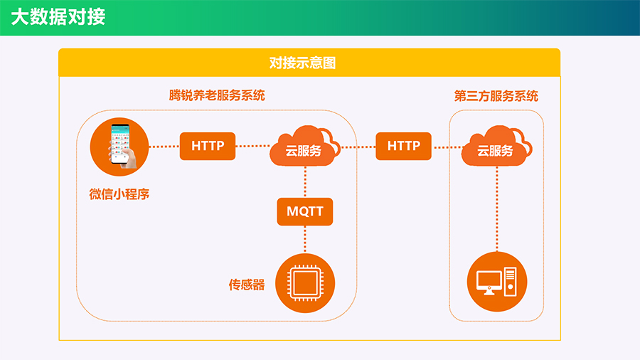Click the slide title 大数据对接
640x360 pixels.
tap(58, 17)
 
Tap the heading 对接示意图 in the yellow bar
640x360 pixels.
tap(302, 63)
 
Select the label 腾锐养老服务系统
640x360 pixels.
tap(217, 95)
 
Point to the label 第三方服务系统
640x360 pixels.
tap(496, 96)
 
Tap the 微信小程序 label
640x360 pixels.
tap(119, 194)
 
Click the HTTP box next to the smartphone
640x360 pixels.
tap(208, 146)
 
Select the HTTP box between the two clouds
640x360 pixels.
tap(404, 146)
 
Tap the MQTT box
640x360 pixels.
tap(305, 211)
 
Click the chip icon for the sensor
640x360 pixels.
tap(305, 283)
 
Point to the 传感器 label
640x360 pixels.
tap(247, 285)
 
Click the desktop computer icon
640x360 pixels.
tap(497, 282)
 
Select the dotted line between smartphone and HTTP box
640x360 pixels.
tap(164, 147)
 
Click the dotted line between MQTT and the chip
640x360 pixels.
tap(305, 240)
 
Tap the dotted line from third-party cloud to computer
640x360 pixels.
tap(497, 209)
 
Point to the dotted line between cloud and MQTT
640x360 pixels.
tap(305, 182)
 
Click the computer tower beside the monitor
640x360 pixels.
tap(511, 281)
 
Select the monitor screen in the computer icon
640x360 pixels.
tap(489, 280)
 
